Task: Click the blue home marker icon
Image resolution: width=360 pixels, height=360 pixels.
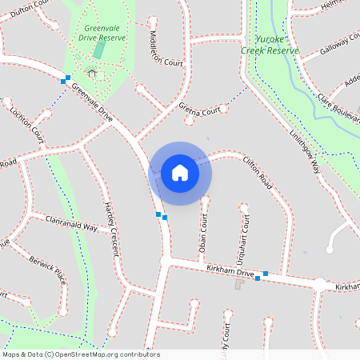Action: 180,173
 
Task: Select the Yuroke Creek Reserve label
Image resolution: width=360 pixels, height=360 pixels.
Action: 270,44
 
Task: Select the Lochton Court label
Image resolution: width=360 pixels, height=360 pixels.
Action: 27,124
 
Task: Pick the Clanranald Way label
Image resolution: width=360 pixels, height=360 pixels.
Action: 71,226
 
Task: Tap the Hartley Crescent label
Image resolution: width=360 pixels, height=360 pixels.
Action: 111,229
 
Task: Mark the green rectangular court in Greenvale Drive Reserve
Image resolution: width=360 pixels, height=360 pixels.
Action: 99,48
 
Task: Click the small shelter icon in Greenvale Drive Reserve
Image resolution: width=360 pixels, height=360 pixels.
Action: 91,74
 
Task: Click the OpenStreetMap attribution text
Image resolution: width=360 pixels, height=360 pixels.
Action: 81,354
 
